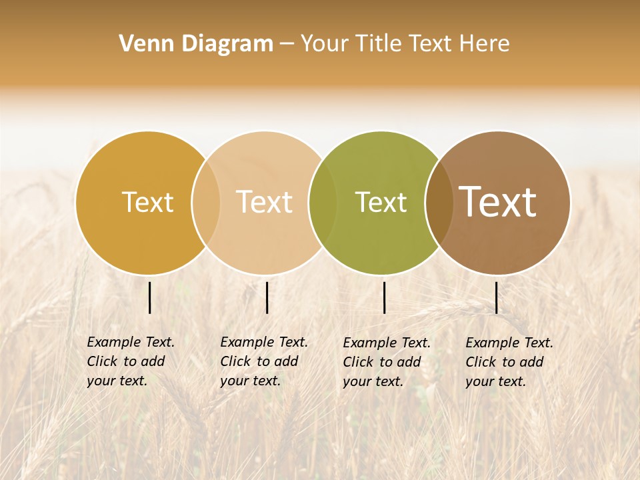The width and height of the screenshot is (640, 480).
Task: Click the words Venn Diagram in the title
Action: point(196,44)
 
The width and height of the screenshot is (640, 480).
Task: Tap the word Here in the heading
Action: point(485,44)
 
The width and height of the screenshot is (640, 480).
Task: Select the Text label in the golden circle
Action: point(147,202)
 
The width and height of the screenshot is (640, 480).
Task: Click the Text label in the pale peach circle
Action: point(265,202)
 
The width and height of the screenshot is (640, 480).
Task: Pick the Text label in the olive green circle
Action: point(381,202)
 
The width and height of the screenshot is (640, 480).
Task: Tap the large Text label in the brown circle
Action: point(498,202)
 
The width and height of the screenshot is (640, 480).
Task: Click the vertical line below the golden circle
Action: point(150,297)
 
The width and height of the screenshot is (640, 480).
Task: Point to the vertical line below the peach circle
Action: point(267,297)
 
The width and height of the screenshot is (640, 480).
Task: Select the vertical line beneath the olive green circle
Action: point(385,297)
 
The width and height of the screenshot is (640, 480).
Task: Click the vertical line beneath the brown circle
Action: point(497,297)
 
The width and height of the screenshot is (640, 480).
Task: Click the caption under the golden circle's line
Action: point(131,361)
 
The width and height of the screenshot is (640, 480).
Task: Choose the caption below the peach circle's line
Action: point(264,361)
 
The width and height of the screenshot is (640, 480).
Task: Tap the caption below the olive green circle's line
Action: point(387,362)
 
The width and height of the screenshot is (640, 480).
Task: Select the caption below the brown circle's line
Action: point(509,362)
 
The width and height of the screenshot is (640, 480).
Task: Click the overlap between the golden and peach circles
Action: point(206,203)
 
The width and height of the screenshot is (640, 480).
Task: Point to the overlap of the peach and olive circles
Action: point(323,203)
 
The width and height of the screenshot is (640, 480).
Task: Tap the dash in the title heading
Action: point(286,44)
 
